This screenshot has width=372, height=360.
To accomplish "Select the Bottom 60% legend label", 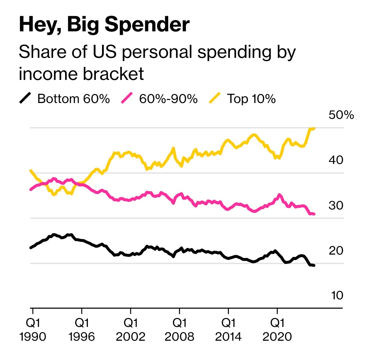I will tap(73, 99).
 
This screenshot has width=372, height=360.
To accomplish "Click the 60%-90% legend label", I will tap(168, 99).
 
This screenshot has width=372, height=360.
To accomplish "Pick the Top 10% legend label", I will tap(251, 99).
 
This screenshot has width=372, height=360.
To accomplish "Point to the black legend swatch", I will tap(25, 99).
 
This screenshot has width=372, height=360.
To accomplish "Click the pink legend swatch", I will tap(127, 99).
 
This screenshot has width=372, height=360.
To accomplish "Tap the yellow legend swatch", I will tap(215, 99).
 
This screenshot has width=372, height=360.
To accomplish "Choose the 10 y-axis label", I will tap(337, 296).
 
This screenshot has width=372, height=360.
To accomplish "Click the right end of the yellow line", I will tap(314, 128).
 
